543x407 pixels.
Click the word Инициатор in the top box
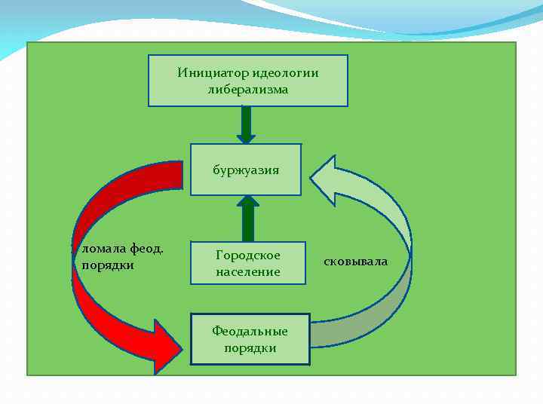pos(206,73)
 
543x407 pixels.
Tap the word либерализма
pos(248,89)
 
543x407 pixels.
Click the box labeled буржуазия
pos(246,170)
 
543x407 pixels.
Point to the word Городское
pos(248,256)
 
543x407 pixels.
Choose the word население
pos(248,271)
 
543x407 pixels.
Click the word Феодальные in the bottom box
pos(250,332)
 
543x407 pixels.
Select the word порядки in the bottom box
pos(250,348)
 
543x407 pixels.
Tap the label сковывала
pos(355,262)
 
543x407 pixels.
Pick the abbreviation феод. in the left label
pos(147,249)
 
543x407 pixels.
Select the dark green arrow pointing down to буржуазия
pos(246,125)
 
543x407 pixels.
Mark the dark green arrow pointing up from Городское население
pos(248,219)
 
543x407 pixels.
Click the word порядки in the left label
pos(108,265)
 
